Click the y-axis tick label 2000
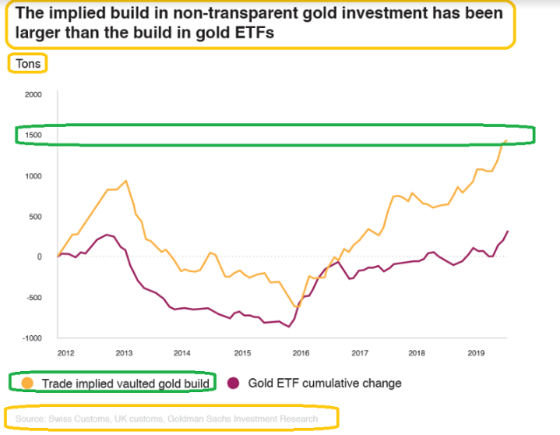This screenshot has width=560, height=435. click(x=33, y=94)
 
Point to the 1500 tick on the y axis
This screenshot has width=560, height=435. click(x=33, y=135)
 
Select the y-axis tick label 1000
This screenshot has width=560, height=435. click(x=33, y=175)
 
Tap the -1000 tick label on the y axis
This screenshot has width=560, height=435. click(x=31, y=338)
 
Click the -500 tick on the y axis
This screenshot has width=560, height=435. click(x=33, y=297)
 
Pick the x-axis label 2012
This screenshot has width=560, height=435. click(x=65, y=353)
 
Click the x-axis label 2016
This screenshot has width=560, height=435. click(x=301, y=353)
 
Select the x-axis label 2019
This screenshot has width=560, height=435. click(x=477, y=353)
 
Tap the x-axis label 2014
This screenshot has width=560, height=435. click(x=183, y=353)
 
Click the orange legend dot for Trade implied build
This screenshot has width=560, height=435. click(x=27, y=384)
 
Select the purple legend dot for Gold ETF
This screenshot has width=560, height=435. click(x=232, y=384)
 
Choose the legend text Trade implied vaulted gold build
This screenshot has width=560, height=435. click(x=125, y=384)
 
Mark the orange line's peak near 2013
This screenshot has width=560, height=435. click(x=126, y=181)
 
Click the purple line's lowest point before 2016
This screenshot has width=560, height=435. click(x=289, y=327)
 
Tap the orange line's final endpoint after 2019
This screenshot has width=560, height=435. click(x=507, y=140)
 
